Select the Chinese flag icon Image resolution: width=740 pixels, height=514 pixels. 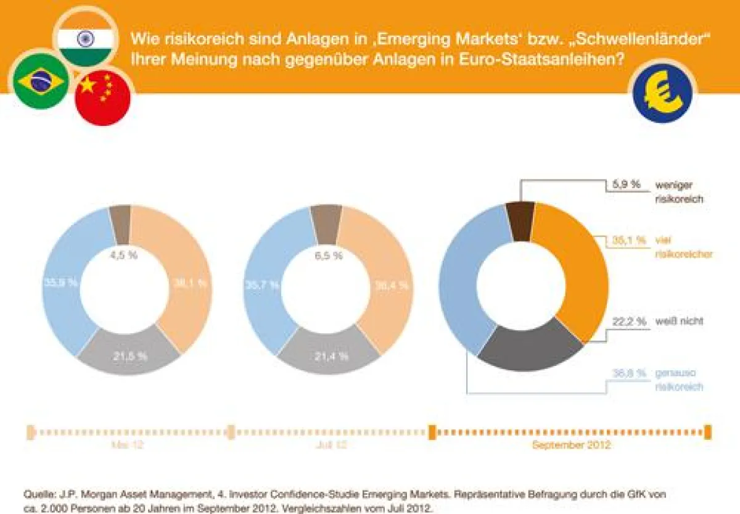(x=102, y=97)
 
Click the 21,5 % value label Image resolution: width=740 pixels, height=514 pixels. (x=129, y=356)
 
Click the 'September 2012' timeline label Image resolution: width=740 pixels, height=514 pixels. (x=570, y=445)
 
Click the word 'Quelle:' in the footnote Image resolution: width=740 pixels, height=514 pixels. (x=39, y=494)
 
